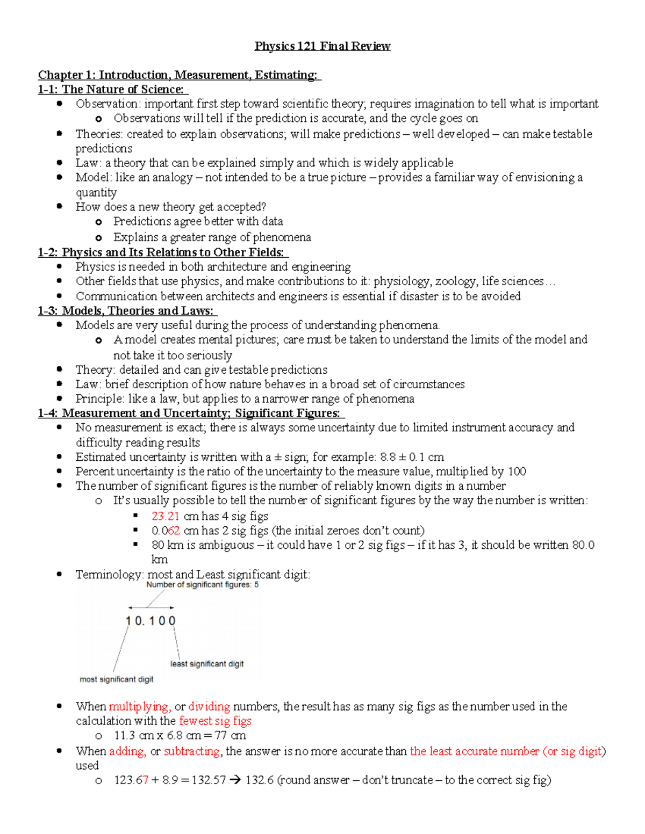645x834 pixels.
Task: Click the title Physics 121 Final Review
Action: pos(322,46)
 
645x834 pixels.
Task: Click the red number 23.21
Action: pos(165,516)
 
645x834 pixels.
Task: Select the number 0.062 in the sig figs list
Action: pos(165,531)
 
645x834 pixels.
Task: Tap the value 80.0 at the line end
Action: pos(583,545)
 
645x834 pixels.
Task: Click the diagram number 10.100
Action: pos(150,621)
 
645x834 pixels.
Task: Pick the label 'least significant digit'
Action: pos(207,664)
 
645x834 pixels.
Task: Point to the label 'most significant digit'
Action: pos(117,679)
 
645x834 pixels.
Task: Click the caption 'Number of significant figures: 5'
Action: pos(202,585)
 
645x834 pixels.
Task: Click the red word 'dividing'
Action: pos(209,706)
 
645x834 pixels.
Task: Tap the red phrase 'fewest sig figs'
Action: pos(215,721)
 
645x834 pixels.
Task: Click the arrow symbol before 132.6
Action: pos(235,780)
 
